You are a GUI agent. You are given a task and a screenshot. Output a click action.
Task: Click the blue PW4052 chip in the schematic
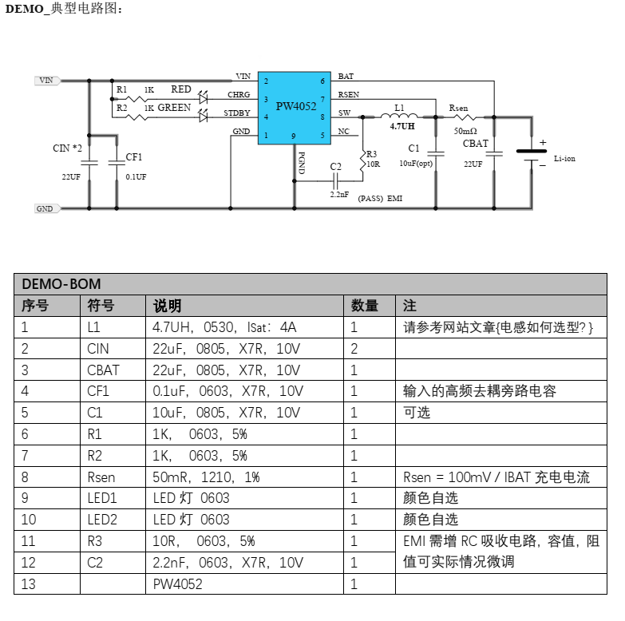coord(294,107)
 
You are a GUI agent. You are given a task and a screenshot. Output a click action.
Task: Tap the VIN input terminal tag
coord(46,81)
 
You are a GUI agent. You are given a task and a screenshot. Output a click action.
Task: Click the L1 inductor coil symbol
coord(405,116)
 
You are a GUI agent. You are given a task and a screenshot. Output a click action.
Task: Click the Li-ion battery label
coord(564,159)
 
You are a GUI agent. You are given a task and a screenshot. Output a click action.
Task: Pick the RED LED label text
coord(180,90)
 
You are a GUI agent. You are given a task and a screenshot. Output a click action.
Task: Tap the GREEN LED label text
coord(174,108)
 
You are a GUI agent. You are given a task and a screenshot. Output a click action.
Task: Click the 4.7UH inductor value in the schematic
coord(402,126)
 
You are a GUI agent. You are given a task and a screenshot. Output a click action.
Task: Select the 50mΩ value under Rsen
coord(465,130)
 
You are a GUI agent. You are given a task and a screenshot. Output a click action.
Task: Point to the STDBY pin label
coord(236,113)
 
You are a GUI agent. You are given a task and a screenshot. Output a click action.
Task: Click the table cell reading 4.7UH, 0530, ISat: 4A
coord(224,327)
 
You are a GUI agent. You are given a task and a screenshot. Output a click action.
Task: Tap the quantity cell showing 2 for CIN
coord(354,349)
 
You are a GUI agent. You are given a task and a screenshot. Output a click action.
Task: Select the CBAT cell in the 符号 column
coord(101,370)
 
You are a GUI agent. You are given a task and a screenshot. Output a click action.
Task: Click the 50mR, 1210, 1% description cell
coord(206,477)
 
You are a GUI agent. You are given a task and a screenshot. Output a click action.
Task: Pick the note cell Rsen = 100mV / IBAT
coord(496,477)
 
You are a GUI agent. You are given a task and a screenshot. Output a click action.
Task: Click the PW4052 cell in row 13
coord(178,584)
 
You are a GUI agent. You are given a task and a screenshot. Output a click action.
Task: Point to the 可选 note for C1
coord(417,413)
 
